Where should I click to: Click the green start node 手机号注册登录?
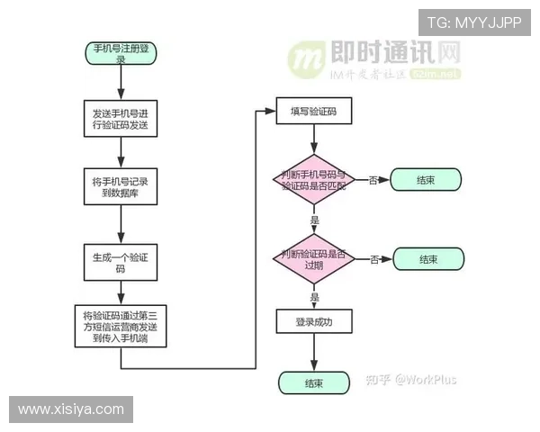[x=121, y=51]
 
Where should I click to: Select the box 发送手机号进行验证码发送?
[x=121, y=120]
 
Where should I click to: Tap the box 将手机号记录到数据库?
[x=121, y=186]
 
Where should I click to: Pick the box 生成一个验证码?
[x=121, y=262]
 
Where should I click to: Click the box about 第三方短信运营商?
[x=121, y=328]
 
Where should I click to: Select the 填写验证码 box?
[x=313, y=111]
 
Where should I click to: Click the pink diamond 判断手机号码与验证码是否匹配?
[x=313, y=180]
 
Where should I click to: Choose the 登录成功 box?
[x=313, y=321]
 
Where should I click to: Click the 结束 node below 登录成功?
[x=313, y=383]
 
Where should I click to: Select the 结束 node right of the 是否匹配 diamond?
[x=426, y=180]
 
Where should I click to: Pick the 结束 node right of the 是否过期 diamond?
[x=428, y=259]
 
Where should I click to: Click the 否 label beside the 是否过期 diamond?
[x=373, y=260]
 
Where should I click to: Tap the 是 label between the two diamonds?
[x=314, y=220]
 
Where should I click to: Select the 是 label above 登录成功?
[x=314, y=296]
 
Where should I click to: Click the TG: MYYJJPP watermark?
[x=473, y=22]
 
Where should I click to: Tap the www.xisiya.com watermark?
[x=71, y=409]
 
